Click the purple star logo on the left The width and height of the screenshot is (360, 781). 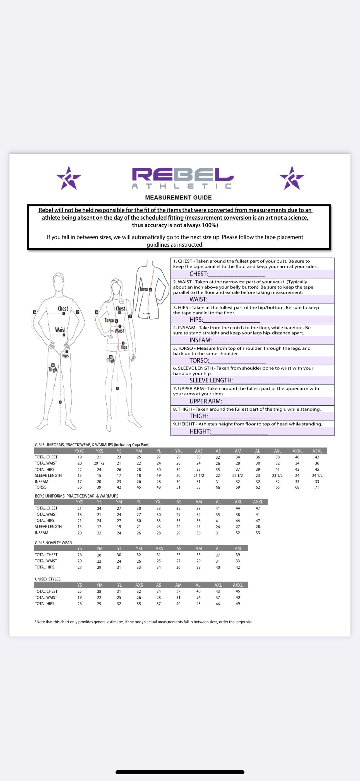pyautogui.click(x=69, y=178)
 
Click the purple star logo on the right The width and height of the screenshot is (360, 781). pyautogui.click(x=292, y=178)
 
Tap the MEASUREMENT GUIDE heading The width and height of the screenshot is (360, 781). pyautogui.click(x=178, y=198)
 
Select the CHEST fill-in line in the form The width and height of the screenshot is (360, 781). pyautogui.click(x=236, y=274)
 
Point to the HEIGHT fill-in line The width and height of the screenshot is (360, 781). pyautogui.click(x=239, y=432)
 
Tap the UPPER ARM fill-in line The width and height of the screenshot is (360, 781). pyautogui.click(x=250, y=402)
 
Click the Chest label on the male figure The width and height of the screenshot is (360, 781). pyautogui.click(x=63, y=309)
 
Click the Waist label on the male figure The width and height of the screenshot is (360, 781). pyautogui.click(x=60, y=330)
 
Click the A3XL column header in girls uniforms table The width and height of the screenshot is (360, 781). pyautogui.click(x=317, y=451)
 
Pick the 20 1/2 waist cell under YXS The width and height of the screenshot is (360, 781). pyautogui.click(x=99, y=463)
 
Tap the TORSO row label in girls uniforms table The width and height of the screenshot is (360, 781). pyautogui.click(x=41, y=487)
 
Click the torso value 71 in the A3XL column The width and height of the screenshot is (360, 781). pyautogui.click(x=317, y=487)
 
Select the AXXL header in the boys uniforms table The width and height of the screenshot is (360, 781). pyautogui.click(x=258, y=502)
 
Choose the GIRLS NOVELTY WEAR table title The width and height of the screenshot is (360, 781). pyautogui.click(x=53, y=543)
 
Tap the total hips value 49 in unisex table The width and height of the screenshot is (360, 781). pyautogui.click(x=238, y=604)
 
